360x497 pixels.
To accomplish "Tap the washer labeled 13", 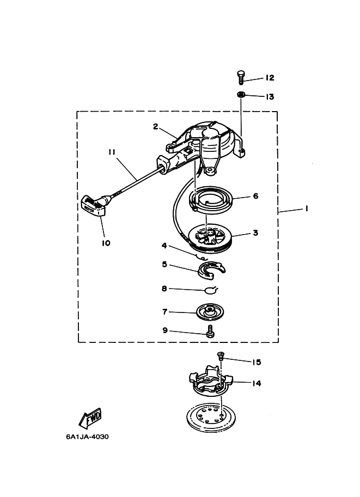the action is pos(241,95).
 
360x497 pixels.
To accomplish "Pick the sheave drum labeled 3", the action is pos(211,240).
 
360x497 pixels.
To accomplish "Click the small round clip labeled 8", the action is pos(209,290).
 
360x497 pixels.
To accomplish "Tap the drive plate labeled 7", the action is pos(210,312).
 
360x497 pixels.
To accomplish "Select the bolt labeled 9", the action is pos(210,332).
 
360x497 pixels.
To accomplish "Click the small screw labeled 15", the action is pos(221,355).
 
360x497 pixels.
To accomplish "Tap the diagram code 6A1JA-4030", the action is pos(87,437).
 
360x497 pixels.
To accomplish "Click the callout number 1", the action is pos(307,208).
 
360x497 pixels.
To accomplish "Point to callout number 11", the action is pos(112,152).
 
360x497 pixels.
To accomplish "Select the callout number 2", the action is pos(155,126).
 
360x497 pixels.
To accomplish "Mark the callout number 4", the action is pos(164,246).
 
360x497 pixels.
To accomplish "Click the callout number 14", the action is pos(257,383).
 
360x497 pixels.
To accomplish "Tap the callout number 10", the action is pos(106,243).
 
